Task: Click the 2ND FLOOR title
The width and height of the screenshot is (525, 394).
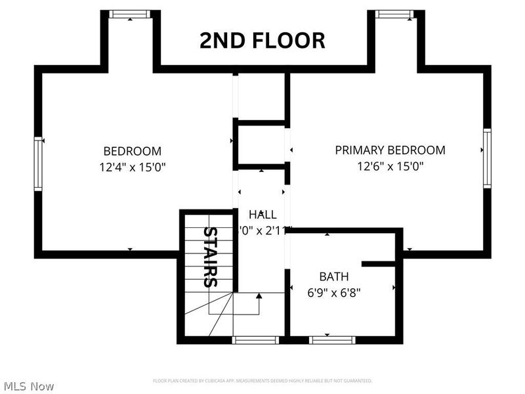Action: pyautogui.click(x=262, y=41)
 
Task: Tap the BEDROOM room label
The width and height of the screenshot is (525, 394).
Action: pyautogui.click(x=132, y=150)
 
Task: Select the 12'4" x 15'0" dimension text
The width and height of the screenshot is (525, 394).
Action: pyautogui.click(x=132, y=167)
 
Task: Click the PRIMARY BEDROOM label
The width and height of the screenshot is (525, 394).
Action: pyautogui.click(x=390, y=150)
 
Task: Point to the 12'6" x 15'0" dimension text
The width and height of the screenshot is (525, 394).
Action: pyautogui.click(x=390, y=166)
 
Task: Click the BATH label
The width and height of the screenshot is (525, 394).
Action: pyautogui.click(x=334, y=276)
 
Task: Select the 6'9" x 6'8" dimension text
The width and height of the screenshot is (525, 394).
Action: pyautogui.click(x=334, y=293)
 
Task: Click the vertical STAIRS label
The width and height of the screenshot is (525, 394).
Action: pyautogui.click(x=210, y=257)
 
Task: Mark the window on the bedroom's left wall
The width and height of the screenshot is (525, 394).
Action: pyautogui.click(x=38, y=164)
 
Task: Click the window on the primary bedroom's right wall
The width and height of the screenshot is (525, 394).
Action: pyautogui.click(x=487, y=158)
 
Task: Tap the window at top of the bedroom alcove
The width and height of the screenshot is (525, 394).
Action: pyautogui.click(x=130, y=14)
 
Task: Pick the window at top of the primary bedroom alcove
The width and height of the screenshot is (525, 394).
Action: pyautogui.click(x=395, y=14)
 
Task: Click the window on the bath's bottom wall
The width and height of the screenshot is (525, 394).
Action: pyautogui.click(x=332, y=339)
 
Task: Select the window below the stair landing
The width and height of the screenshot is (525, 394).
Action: pyautogui.click(x=256, y=339)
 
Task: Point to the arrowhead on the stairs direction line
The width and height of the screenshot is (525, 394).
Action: pyautogui.click(x=259, y=296)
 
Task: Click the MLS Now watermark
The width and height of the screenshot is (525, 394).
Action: pyautogui.click(x=29, y=386)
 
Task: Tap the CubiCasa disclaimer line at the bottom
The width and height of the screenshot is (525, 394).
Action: pyautogui.click(x=262, y=381)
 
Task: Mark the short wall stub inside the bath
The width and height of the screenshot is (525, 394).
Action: pyautogui.click(x=379, y=264)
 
